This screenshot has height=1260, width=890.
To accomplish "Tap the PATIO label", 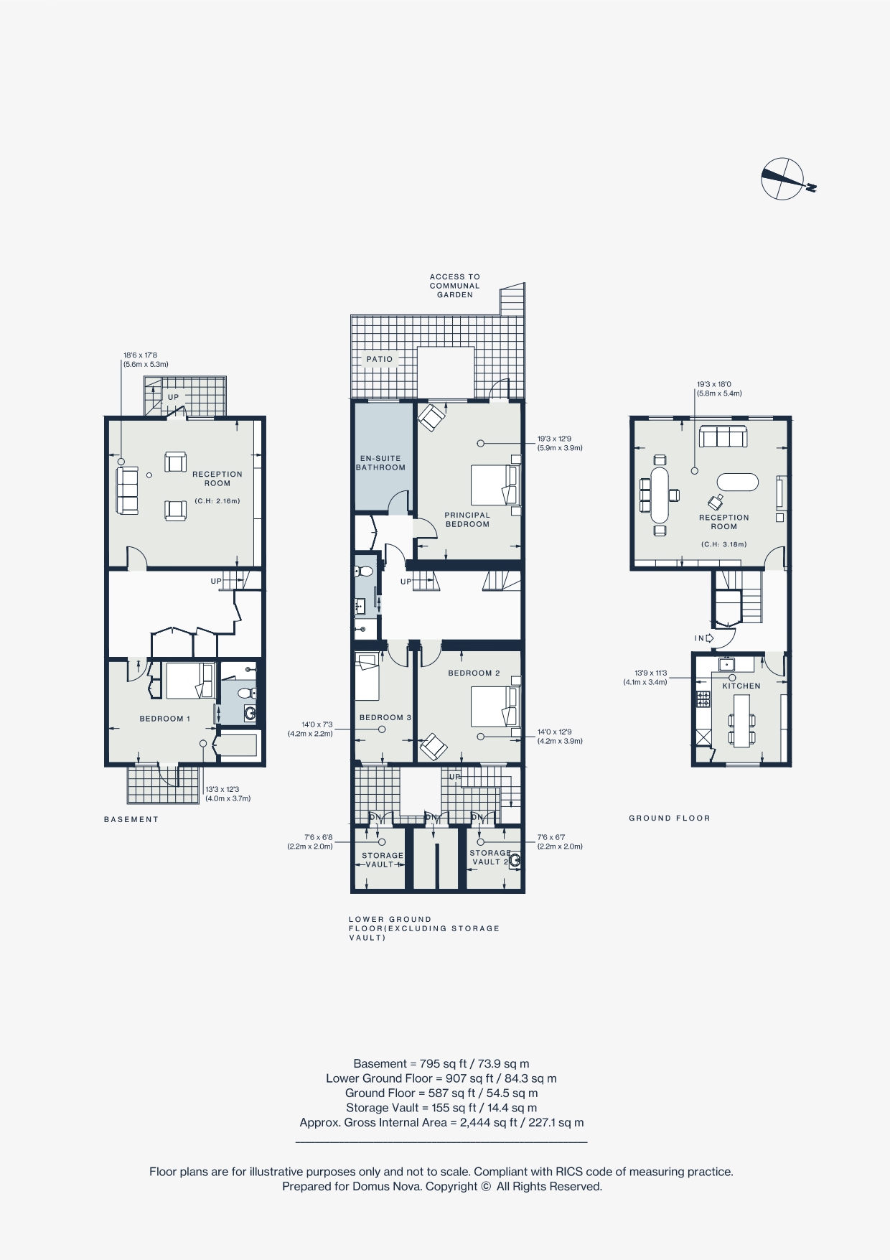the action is (380, 359).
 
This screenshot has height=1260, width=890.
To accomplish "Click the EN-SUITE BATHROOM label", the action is (381, 463).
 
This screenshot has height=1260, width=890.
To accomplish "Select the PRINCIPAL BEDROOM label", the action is (467, 519).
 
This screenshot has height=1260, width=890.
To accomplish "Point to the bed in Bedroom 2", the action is (494, 706).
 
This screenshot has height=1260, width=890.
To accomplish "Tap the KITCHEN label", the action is (741, 686).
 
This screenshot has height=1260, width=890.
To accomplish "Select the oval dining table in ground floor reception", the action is (659, 495).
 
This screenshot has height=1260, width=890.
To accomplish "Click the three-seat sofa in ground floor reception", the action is (723, 436).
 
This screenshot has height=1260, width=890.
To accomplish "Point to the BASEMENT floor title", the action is (131, 819).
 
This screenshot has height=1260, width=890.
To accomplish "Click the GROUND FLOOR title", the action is (670, 818).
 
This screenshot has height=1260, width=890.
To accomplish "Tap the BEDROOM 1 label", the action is (165, 719).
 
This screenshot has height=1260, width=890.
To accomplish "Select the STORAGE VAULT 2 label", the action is (489, 857).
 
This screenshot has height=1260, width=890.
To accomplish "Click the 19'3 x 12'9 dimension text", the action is (555, 439).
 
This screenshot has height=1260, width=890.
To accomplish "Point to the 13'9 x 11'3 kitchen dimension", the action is (650, 673).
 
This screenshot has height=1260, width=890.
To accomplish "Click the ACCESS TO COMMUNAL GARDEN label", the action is (455, 286).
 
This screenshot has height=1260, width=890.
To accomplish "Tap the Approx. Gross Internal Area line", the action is (441, 1122).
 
